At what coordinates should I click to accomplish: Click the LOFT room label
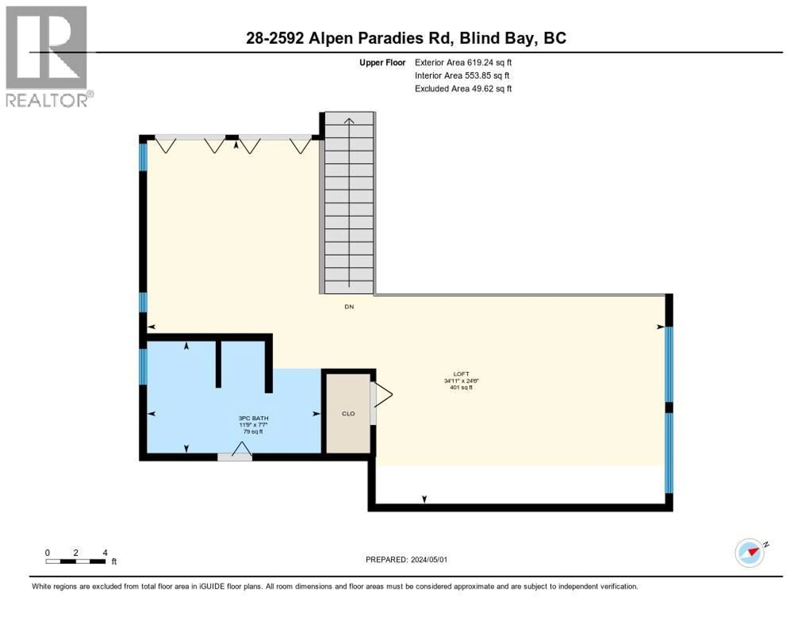pyautogui.click(x=461, y=374)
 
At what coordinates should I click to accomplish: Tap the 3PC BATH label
pyautogui.click(x=253, y=418)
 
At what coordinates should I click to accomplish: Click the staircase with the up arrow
pyautogui.click(x=349, y=203)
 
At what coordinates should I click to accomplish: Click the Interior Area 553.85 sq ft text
pyautogui.click(x=462, y=75)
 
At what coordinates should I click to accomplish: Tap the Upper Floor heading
pyautogui.click(x=382, y=62)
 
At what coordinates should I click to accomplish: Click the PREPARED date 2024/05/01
pyautogui.click(x=406, y=559)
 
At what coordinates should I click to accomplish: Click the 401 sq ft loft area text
pyautogui.click(x=461, y=387)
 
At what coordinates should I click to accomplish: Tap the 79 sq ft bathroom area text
pyautogui.click(x=253, y=431)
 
